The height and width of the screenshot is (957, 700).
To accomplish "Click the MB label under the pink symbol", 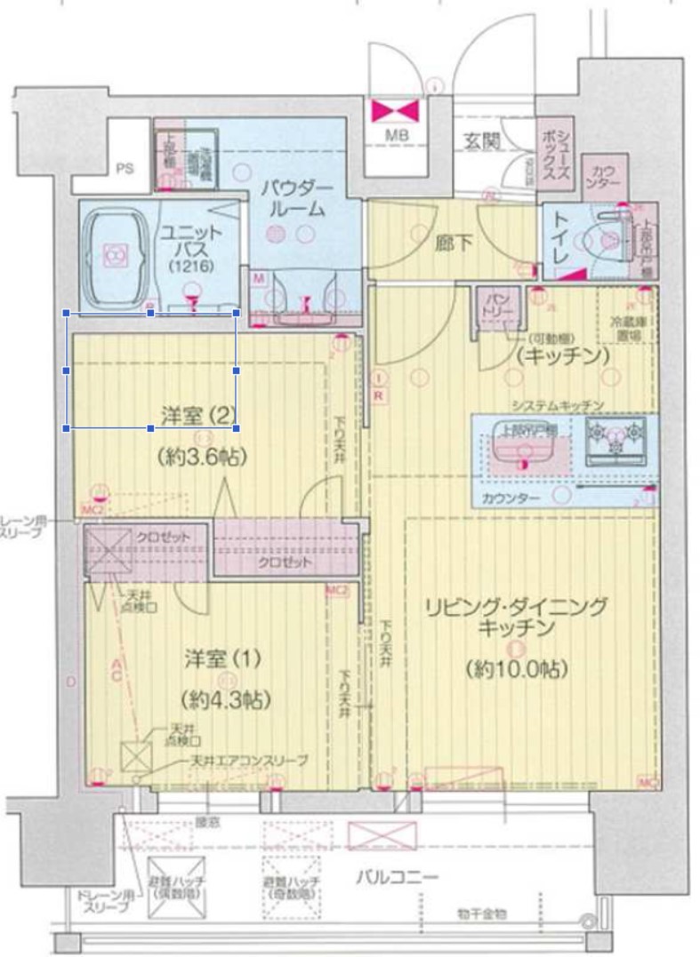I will pos(397,136).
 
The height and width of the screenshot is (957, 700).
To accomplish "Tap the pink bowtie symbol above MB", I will pos(397,110).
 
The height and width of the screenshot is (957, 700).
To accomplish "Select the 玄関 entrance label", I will pos(480,140).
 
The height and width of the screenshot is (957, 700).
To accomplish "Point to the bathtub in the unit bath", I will pos(115,256).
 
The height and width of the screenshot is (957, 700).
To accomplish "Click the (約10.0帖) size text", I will pos(516,669).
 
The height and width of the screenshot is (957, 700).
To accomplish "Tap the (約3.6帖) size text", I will pos(202,457).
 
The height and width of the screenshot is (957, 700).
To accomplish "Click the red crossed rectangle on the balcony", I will pos(382,835).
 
